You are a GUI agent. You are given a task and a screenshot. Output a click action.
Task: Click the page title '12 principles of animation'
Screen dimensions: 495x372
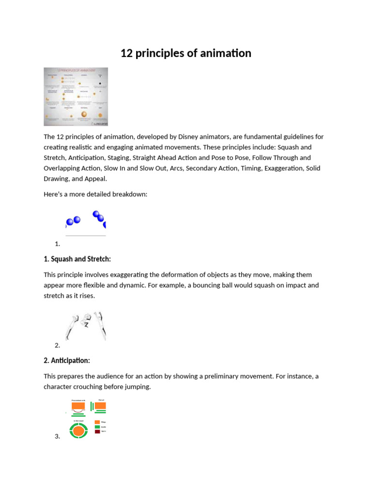pos(186,53)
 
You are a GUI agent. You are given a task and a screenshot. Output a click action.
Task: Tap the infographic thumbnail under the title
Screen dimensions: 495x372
pos(76,96)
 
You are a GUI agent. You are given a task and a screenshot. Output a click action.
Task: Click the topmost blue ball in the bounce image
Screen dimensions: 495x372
pos(96,214)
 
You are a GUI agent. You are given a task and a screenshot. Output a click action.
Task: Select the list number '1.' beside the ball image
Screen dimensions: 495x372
pos(58,244)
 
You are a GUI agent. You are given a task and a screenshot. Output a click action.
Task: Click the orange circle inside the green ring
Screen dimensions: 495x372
pos(77,430)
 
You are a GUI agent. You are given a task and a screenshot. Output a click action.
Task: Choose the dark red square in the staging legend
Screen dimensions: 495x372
pos(97,431)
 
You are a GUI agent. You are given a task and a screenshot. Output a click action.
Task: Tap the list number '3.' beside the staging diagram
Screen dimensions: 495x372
pos(58,437)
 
